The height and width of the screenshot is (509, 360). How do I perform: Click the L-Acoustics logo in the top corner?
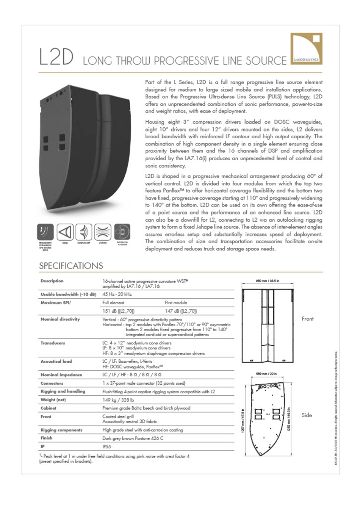coord(306,49)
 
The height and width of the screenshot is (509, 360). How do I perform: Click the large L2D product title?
coord(56,57)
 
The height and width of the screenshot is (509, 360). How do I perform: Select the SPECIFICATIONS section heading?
coord(71,266)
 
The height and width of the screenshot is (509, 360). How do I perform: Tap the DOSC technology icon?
coord(65,232)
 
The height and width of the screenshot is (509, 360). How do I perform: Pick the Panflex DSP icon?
coord(84,232)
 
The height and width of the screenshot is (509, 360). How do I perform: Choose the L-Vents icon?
coord(103,232)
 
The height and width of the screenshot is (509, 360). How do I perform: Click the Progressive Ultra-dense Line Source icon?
coord(45,232)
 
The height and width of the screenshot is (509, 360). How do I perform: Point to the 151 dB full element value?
coord(118,311)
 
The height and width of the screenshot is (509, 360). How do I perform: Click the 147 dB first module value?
coord(181,311)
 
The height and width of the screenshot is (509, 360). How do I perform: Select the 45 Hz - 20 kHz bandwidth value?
coord(117,294)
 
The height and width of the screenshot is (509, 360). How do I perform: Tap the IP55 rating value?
coord(107,446)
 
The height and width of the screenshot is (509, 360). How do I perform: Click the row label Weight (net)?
coord(53,400)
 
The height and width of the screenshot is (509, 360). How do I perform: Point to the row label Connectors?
coord(52,383)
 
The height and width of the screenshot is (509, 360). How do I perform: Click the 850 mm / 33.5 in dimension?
coord(267,281)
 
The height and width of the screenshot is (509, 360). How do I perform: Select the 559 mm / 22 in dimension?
coord(266,374)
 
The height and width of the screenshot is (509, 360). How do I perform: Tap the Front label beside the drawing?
coord(307,319)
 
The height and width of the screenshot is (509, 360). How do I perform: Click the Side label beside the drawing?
coord(307,415)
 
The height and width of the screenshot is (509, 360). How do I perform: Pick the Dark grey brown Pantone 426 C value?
coord(133,438)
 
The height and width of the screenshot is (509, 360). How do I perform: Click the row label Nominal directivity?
coord(60,319)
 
